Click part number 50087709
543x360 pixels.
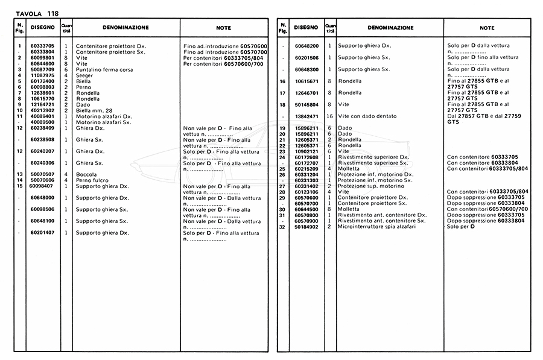click(x=43, y=70)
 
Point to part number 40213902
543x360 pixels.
click(x=43, y=110)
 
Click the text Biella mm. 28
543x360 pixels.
click(x=95, y=110)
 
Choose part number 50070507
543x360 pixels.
click(x=43, y=174)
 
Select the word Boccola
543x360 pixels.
click(x=87, y=174)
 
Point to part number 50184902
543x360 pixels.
click(x=306, y=226)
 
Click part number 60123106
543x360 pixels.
click(x=306, y=192)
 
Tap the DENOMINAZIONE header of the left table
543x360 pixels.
click(x=126, y=28)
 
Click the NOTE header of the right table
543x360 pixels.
click(x=487, y=28)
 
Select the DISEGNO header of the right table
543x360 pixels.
click(x=306, y=28)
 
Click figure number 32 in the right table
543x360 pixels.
click(x=282, y=226)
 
